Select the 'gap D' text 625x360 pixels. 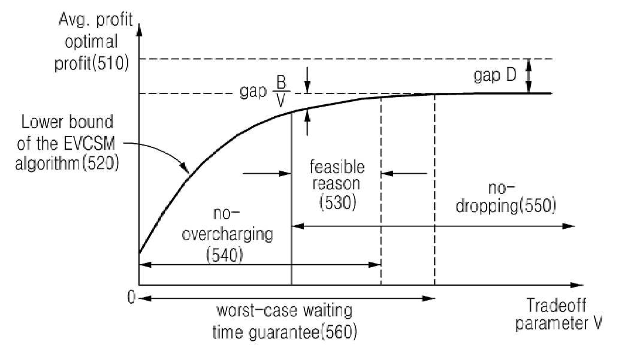tap(495, 75)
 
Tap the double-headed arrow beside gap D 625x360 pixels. tap(529, 75)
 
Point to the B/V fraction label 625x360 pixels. tap(280, 91)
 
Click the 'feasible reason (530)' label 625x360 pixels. tap(337, 184)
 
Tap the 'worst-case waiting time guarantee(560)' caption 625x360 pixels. tap(284, 322)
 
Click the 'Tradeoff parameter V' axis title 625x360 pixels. tap(558, 314)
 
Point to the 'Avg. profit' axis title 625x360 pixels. tap(96, 20)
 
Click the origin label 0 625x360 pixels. tap(132, 297)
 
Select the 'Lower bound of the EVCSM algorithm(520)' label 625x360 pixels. tap(67, 143)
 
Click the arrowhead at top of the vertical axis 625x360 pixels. tap(139, 30)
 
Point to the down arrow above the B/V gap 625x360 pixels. tap(307, 80)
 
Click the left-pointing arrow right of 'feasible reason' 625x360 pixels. tap(404, 174)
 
